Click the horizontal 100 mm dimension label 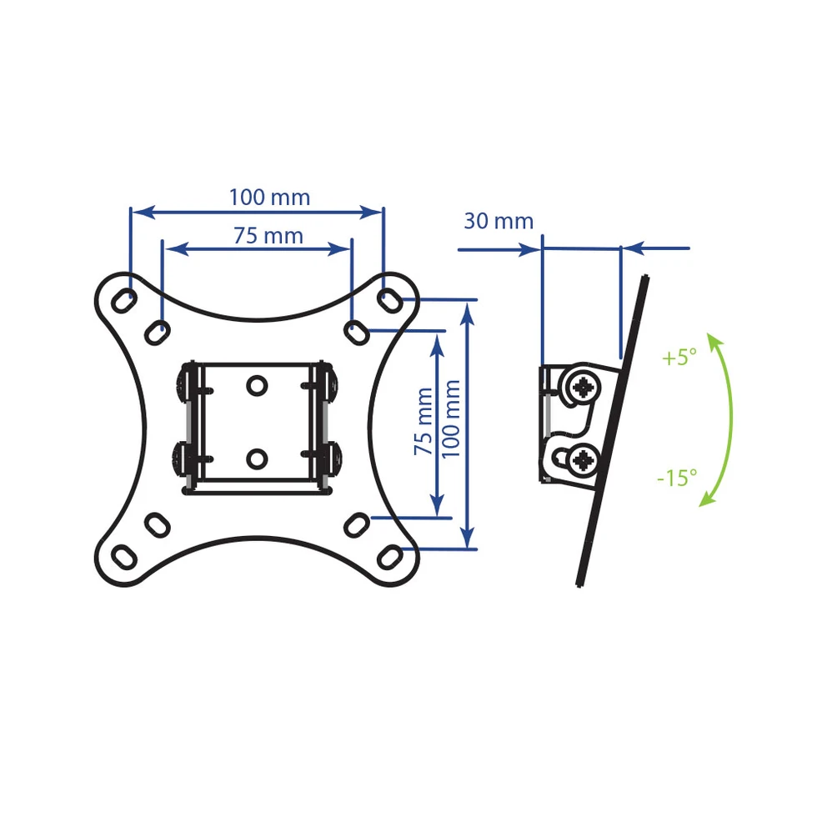tap(269, 198)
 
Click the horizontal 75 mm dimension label tap(268, 236)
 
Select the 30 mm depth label tap(499, 221)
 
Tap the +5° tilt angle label tap(679, 358)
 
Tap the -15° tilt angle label tap(677, 478)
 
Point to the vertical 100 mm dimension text tap(451, 419)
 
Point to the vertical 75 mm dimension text tap(424, 422)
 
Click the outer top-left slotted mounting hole tap(124, 301)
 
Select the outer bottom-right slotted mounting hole tap(389, 557)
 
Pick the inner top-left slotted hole tap(157, 333)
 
